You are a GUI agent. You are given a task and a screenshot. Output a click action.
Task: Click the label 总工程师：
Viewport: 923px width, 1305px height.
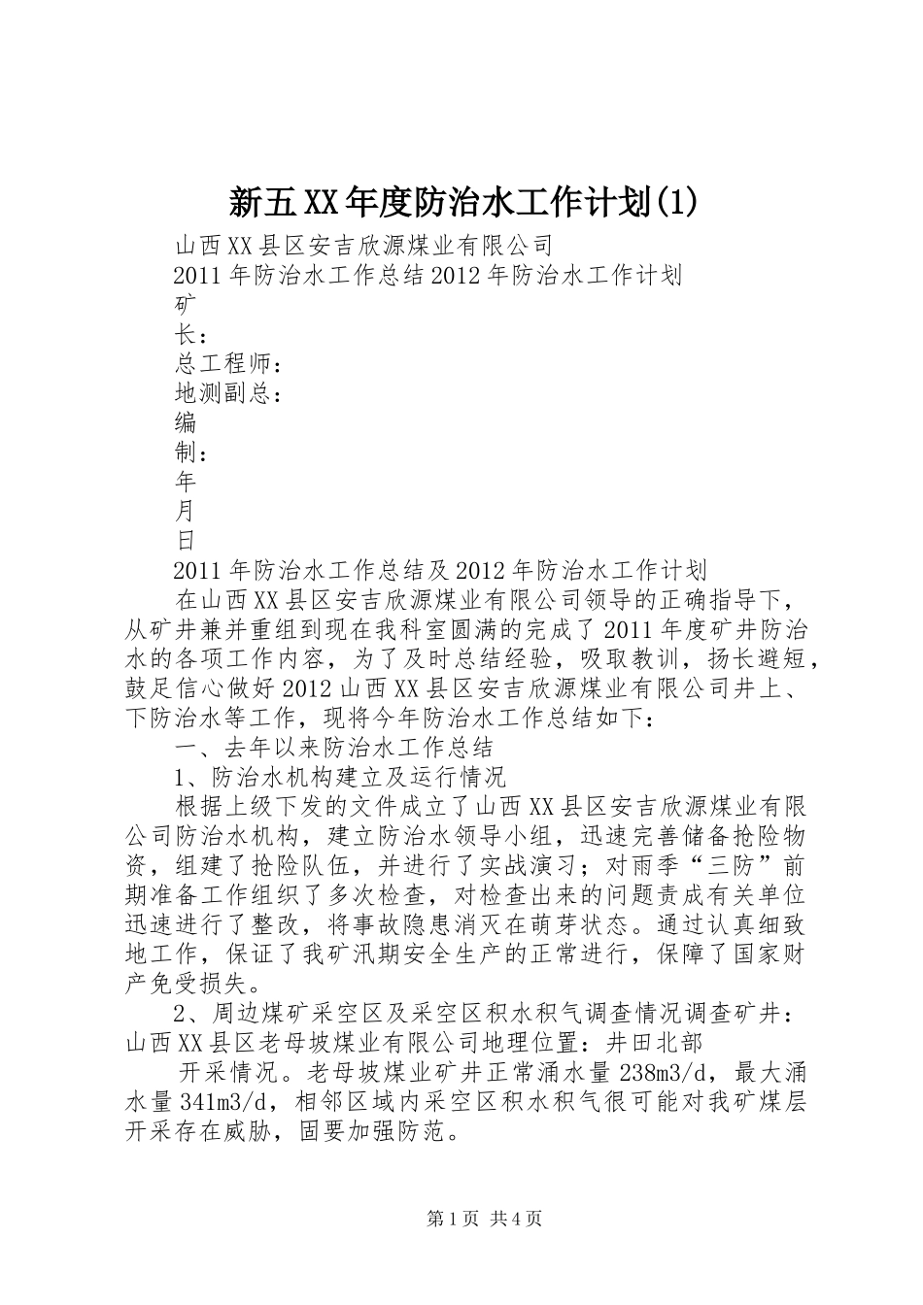pos(229,364)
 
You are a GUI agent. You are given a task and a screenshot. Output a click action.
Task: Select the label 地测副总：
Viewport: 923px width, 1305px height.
pos(229,393)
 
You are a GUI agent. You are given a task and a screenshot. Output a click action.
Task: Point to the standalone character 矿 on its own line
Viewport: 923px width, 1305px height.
pos(185,305)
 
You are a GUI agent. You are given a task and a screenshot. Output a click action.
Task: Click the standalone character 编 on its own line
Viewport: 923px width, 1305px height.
pos(185,422)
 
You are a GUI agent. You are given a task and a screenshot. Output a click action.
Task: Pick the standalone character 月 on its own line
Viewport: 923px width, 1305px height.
pos(185,511)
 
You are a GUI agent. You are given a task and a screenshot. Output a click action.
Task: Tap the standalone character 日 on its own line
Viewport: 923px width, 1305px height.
pos(185,540)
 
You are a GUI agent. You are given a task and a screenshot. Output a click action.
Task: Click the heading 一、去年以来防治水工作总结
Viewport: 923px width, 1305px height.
pos(333,747)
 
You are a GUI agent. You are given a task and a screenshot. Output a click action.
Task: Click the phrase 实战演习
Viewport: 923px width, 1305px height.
pos(530,864)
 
